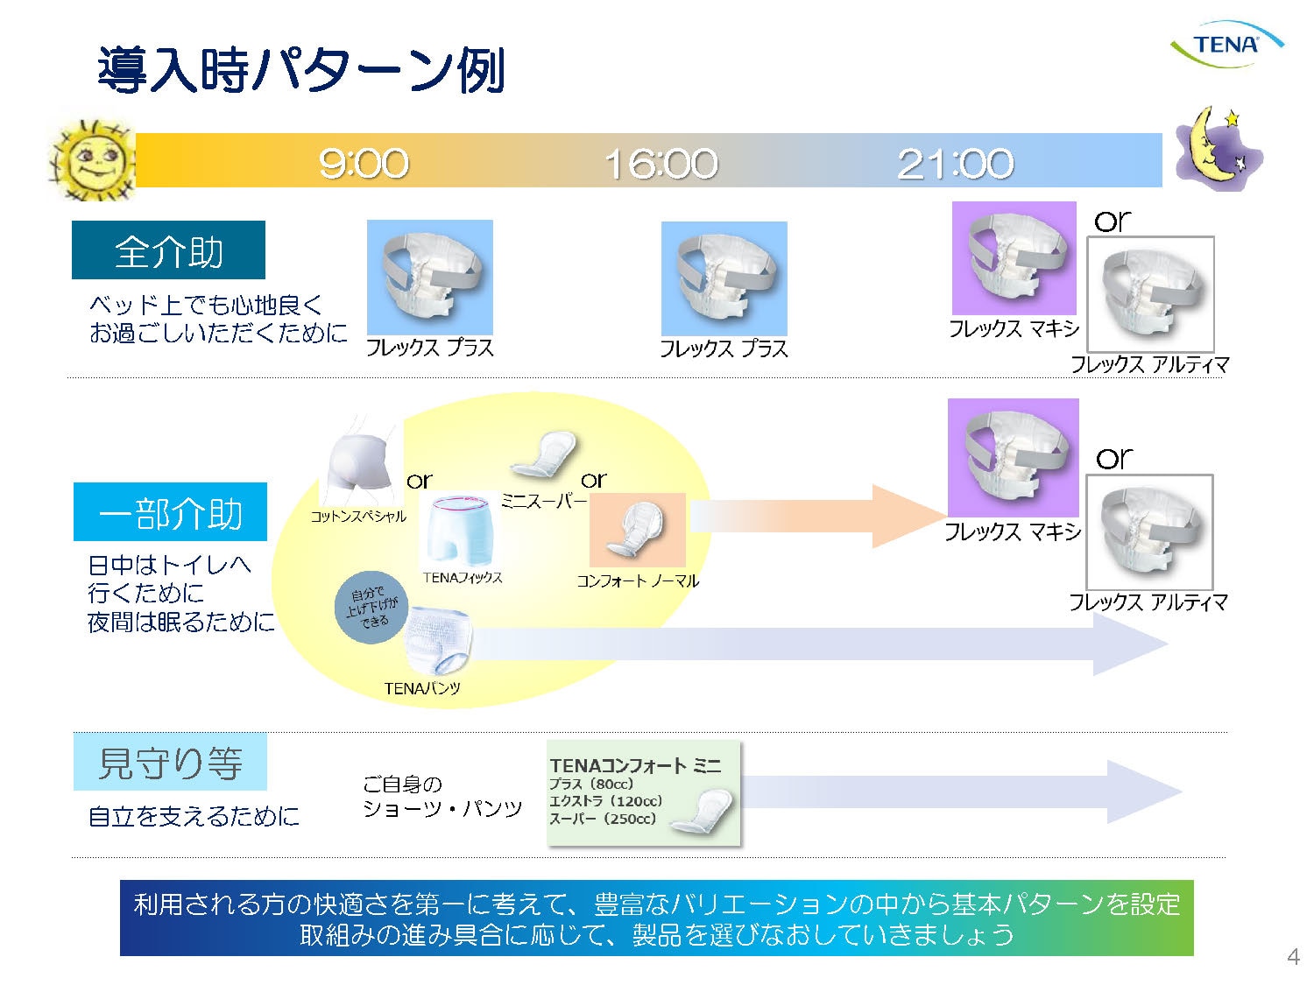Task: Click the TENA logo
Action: [x=1226, y=44]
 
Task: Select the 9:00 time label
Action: [x=364, y=164]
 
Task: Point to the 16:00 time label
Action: [x=661, y=164]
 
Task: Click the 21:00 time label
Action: [x=956, y=164]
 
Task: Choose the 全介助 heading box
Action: [x=168, y=250]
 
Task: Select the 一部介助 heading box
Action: [x=170, y=512]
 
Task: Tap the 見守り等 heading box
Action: [x=170, y=762]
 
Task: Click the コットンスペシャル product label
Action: [x=358, y=517]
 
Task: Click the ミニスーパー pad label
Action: [x=543, y=501]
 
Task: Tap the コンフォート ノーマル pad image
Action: [x=637, y=530]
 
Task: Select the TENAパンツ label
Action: [x=422, y=688]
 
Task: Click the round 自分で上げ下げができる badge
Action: [x=371, y=608]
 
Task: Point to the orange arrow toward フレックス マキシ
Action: [x=815, y=516]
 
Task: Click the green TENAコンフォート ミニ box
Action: [x=644, y=793]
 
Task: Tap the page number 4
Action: [x=1293, y=956]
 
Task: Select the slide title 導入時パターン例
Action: [x=301, y=70]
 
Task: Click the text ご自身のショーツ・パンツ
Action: [x=442, y=796]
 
